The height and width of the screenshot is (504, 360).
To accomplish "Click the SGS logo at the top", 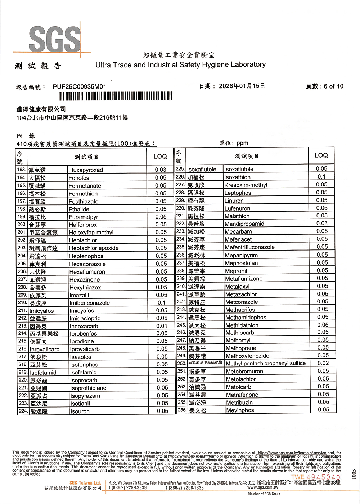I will pos(55,39).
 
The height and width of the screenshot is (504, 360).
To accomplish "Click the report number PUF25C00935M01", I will pos(80,87).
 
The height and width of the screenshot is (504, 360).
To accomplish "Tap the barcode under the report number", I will pos(116,96).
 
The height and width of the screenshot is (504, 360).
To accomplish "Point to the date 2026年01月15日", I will pos(242,86).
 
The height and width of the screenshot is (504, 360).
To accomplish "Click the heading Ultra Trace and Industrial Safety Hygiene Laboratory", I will pos(180,65).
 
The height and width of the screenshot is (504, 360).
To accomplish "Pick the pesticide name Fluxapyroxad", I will pos(86,170).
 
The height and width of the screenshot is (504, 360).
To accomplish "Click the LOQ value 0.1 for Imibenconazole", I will pos(161,303).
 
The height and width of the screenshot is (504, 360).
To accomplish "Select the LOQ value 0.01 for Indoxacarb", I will pos(162,326).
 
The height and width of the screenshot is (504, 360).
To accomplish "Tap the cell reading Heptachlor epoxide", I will pos(94,248).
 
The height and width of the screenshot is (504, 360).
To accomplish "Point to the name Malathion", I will pos(237,216).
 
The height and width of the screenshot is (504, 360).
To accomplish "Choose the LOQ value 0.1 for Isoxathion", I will pos(321,177).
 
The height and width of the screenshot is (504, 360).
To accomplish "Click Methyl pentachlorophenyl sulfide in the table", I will pos(266,363).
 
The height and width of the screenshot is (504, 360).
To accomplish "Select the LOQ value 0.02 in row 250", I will pos(323,363).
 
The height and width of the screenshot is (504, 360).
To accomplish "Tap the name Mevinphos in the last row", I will pos(240,410).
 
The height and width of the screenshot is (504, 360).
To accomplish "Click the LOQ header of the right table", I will pos(321,156).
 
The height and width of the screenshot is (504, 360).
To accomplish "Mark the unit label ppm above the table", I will pos(242,143).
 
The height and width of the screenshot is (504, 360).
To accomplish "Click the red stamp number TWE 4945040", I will pos(316,477).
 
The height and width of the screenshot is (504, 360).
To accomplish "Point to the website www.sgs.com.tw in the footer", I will pos(262,487).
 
